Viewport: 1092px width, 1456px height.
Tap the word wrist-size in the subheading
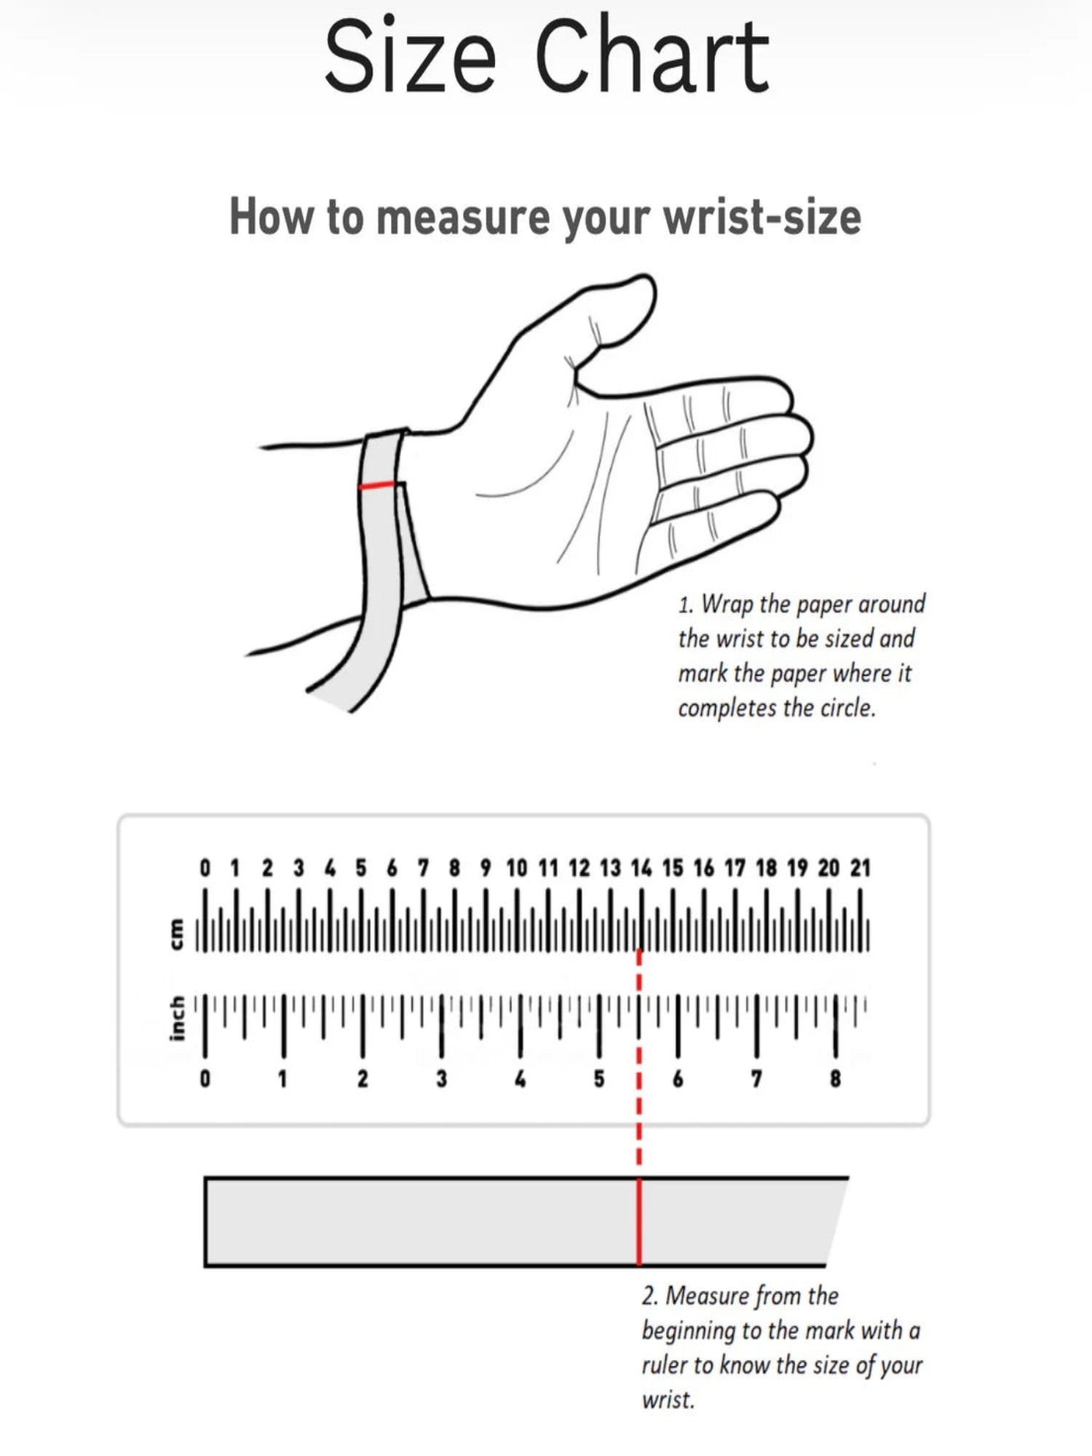pyautogui.click(x=762, y=217)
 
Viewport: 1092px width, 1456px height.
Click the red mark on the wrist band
pyautogui.click(x=377, y=486)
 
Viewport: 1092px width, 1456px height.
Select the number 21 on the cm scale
pyautogui.click(x=860, y=868)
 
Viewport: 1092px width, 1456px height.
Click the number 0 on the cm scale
pyautogui.click(x=205, y=868)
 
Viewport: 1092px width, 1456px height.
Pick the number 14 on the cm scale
pyautogui.click(x=641, y=868)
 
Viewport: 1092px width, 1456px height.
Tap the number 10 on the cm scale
pyautogui.click(x=516, y=868)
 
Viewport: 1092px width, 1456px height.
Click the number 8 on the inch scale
pyautogui.click(x=835, y=1078)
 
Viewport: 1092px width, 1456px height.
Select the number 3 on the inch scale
pyautogui.click(x=441, y=1078)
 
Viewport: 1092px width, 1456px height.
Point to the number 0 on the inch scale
pyautogui.click(x=205, y=1078)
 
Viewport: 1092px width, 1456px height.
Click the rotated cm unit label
pyautogui.click(x=176, y=934)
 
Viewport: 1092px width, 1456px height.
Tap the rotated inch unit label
pyautogui.click(x=176, y=1018)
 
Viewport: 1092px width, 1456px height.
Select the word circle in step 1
pyautogui.click(x=847, y=708)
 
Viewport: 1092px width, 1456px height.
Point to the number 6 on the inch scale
pyautogui.click(x=678, y=1078)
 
